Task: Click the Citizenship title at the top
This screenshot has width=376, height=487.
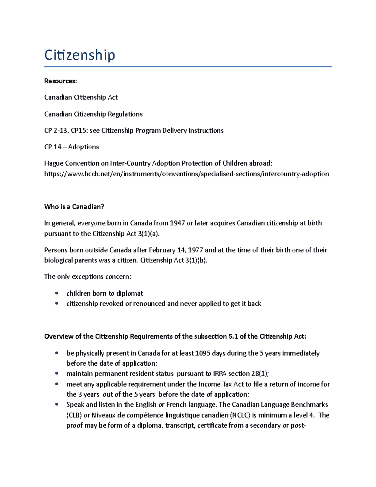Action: (x=80, y=55)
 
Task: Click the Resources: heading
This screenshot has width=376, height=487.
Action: (x=60, y=81)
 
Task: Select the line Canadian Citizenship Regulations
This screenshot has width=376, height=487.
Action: (x=93, y=114)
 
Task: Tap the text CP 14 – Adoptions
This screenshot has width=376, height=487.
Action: (x=71, y=147)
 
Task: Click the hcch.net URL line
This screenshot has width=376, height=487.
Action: (x=186, y=174)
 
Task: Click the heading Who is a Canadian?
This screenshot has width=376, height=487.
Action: (x=74, y=207)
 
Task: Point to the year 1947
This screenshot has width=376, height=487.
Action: (x=177, y=223)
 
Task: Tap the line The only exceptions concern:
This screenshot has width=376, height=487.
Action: (x=88, y=277)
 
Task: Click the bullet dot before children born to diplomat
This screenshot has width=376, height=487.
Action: (x=57, y=293)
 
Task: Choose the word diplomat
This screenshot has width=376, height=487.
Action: (x=129, y=294)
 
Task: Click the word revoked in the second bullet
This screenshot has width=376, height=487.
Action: (x=111, y=304)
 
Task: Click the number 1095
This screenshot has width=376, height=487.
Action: (x=202, y=353)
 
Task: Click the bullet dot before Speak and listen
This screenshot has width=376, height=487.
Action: (x=57, y=405)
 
